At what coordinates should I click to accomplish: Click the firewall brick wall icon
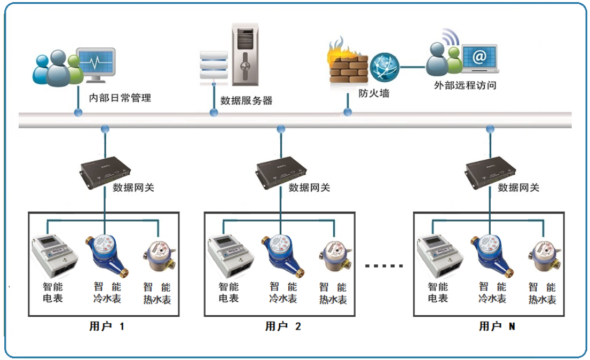[349, 69]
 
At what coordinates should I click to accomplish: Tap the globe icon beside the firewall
[384, 67]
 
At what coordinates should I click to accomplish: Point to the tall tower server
[245, 54]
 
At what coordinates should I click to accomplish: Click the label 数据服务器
[246, 100]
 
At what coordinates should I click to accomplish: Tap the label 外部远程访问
[465, 85]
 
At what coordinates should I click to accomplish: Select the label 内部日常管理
[120, 98]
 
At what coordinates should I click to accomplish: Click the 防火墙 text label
[374, 93]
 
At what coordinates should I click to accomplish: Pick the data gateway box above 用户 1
[105, 172]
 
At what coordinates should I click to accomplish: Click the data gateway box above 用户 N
[491, 172]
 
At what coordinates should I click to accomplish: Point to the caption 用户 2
[283, 326]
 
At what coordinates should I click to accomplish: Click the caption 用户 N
[497, 326]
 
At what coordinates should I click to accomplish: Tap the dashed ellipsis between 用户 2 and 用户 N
[384, 266]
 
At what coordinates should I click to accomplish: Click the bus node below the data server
[214, 112]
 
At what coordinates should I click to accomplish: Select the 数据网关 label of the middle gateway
[309, 187]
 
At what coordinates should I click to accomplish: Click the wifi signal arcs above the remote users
[451, 36]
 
